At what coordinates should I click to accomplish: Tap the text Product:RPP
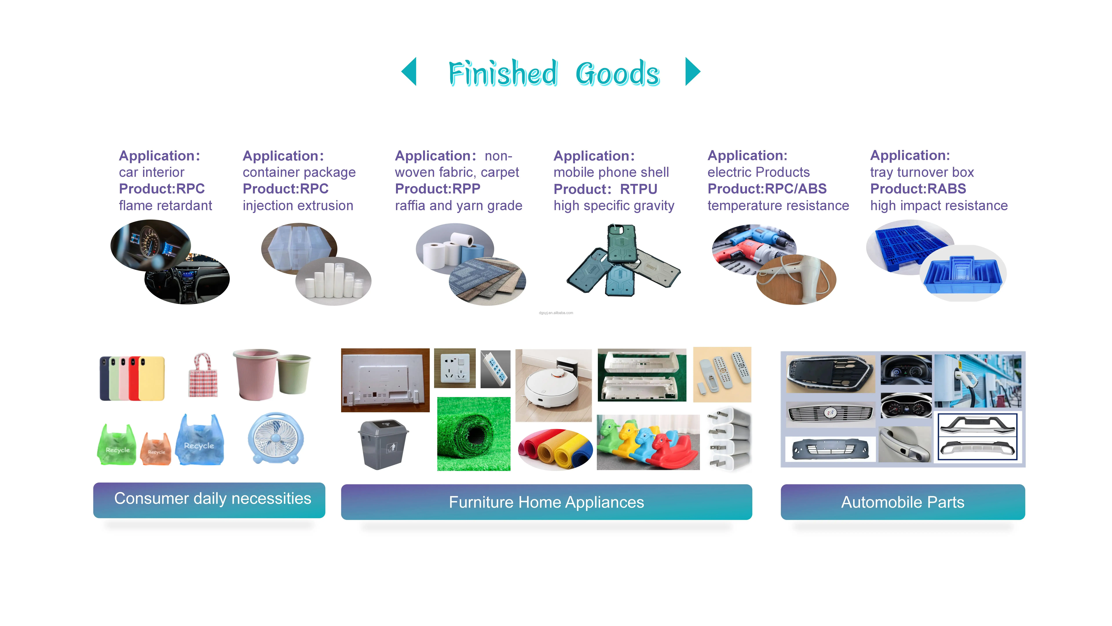point(437,189)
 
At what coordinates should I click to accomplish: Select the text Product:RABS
point(918,189)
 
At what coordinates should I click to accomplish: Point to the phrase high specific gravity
point(613,206)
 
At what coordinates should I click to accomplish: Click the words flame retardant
point(165,206)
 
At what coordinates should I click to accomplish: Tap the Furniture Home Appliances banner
point(546,502)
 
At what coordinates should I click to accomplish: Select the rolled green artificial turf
point(474,434)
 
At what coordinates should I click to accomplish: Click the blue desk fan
point(275,438)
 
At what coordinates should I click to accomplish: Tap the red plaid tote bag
point(203,376)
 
